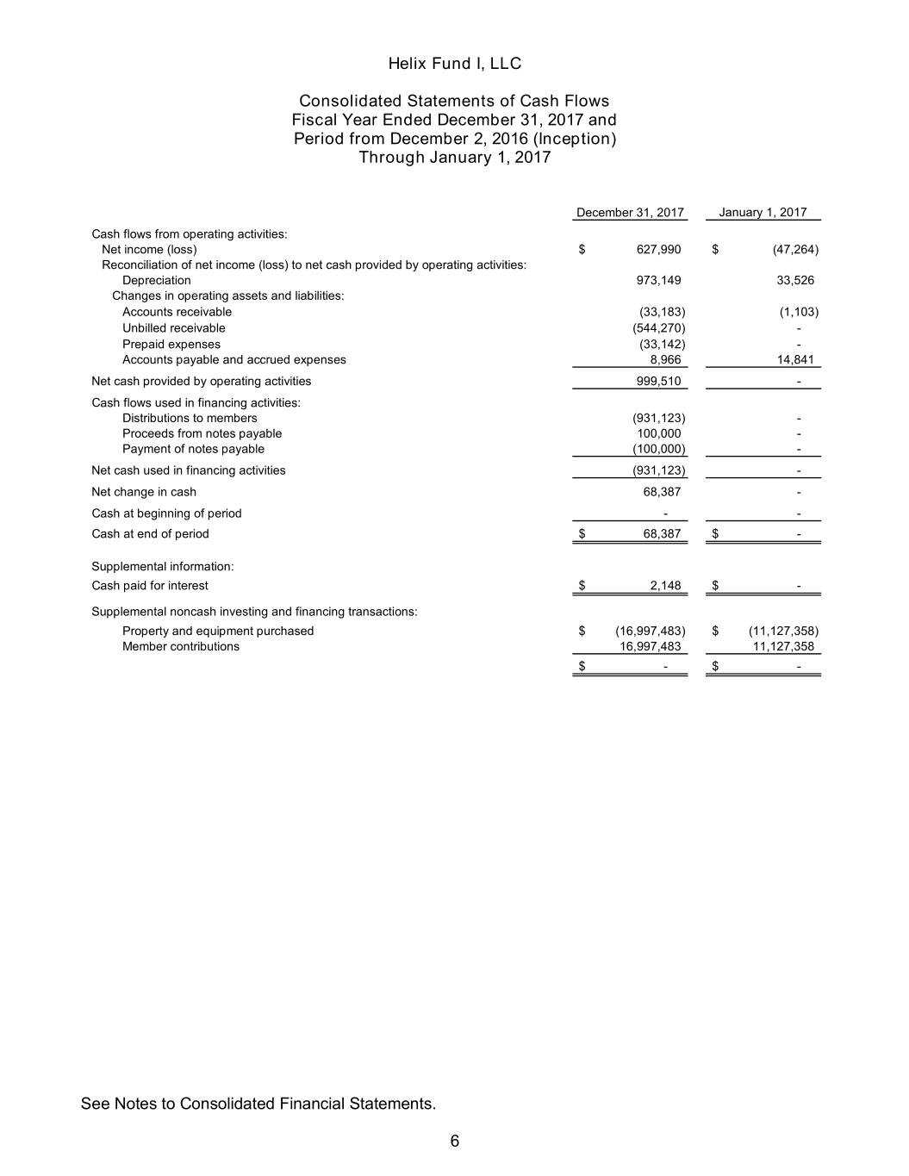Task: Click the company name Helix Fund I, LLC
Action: click(454, 64)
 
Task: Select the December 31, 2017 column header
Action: click(630, 212)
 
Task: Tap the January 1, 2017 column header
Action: click(763, 212)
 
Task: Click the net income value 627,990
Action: click(658, 250)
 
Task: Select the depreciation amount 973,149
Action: click(658, 280)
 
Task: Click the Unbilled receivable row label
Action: click(173, 328)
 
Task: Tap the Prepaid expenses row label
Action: click(171, 344)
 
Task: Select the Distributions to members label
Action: click(190, 418)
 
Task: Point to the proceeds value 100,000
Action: click(658, 433)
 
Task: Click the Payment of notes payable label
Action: click(193, 449)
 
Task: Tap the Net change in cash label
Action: click(144, 492)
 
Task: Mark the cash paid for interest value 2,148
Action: click(665, 586)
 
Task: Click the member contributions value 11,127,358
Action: click(783, 646)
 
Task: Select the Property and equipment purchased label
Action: click(218, 631)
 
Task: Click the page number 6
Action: click(454, 1142)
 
